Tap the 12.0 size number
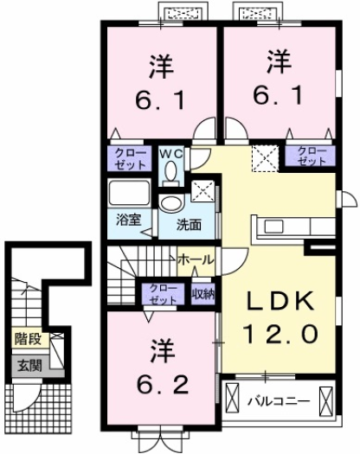pos(278,332)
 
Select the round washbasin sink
pos(171,203)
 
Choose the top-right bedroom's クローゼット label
pos(311,156)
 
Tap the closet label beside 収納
pos(162,293)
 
